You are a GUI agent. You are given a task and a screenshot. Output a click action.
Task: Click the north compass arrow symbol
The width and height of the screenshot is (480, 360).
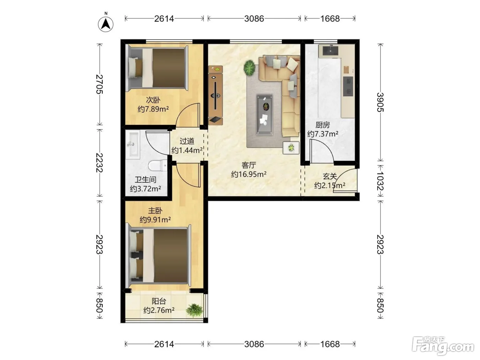106,24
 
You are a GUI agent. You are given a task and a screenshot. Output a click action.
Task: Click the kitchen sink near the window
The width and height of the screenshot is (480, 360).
330,51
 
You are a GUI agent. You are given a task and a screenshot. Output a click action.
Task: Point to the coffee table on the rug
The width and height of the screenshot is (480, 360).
265,115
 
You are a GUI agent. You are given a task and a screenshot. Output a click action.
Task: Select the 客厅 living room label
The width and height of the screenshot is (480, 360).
249,165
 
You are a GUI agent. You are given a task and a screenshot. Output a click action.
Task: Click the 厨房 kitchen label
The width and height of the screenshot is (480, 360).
323,125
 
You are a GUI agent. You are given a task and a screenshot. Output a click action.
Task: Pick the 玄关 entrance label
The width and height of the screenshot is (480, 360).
330,176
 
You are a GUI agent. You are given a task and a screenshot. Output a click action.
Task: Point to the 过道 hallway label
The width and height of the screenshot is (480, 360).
187,141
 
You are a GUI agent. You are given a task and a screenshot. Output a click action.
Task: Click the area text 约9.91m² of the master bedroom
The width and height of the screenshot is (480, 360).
155,219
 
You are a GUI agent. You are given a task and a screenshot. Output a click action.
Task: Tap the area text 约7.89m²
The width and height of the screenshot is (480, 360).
153,109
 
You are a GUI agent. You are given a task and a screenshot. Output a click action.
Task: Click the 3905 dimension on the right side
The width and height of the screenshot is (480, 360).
380,102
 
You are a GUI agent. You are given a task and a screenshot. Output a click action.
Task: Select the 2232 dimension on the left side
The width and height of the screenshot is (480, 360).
99,163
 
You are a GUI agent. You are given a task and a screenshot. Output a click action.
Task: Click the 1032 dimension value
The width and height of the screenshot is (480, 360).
380,181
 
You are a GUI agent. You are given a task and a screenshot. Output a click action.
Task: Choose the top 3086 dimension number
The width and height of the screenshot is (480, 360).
254,19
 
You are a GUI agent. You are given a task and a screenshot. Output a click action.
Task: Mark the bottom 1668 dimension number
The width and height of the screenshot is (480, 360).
330,344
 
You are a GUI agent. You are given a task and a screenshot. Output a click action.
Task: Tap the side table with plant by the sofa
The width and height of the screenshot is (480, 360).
291,148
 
